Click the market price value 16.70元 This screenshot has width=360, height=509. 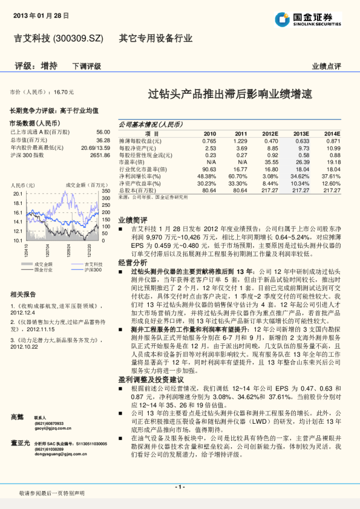(x=64, y=92)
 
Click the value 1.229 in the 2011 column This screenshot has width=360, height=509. (x=241, y=140)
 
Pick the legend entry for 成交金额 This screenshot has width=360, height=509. (x=43, y=264)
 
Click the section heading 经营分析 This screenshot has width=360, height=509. (x=133, y=263)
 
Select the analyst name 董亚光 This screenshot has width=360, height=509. (x=20, y=443)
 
